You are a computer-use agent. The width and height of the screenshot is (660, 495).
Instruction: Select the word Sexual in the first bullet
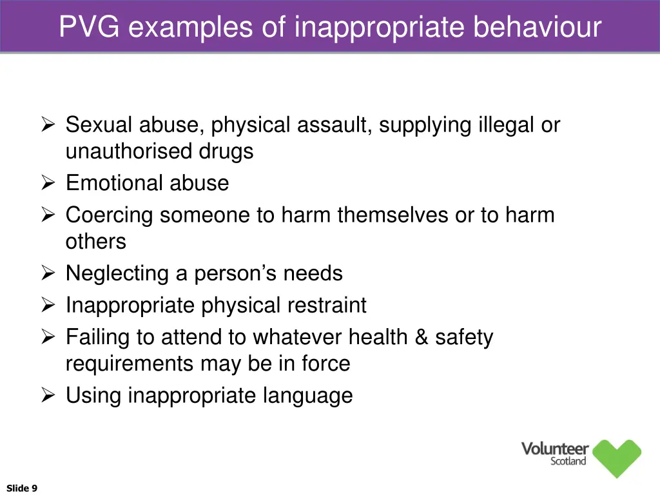[x=99, y=124]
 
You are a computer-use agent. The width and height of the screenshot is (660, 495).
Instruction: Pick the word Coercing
[x=110, y=215]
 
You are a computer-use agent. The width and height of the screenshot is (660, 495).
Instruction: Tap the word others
[x=96, y=242]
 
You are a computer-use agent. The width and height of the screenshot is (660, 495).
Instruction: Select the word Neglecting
[x=117, y=273]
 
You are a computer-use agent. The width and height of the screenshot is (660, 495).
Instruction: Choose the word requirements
[x=130, y=364]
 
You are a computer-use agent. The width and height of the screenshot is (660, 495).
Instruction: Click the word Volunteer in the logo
[x=554, y=449]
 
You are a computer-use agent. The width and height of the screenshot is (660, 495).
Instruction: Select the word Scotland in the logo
[x=568, y=461]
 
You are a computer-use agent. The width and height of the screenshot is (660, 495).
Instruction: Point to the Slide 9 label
[x=22, y=488]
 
